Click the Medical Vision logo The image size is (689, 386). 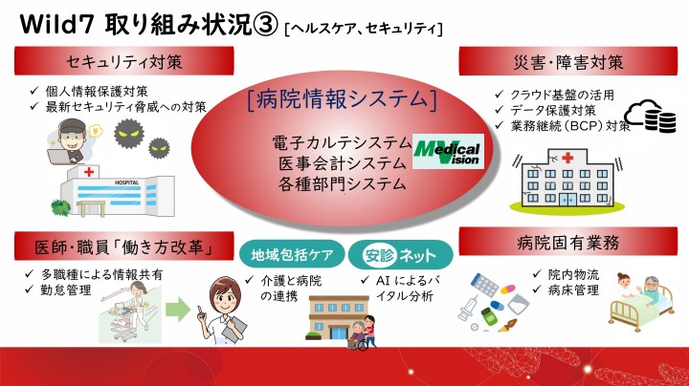tap(448, 152)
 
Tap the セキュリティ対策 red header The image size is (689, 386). tap(123, 61)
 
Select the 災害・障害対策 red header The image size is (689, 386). tap(568, 61)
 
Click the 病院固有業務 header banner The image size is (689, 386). tap(568, 242)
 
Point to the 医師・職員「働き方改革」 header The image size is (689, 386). tap(123, 247)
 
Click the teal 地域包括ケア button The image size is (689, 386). tap(292, 254)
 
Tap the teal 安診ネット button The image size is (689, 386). tap(400, 254)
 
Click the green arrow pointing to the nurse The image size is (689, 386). tap(178, 310)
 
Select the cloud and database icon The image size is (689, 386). tap(651, 117)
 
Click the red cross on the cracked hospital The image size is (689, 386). tap(567, 158)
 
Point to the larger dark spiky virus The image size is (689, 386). tap(129, 134)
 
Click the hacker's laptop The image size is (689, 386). tap(60, 157)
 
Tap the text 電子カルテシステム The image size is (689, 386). tap(342, 143)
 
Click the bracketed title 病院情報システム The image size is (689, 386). tap(342, 99)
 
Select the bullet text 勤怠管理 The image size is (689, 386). tap(66, 289)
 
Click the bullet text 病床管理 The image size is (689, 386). tap(573, 289)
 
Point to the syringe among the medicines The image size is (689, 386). tap(468, 308)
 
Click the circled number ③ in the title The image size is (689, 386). tap(266, 25)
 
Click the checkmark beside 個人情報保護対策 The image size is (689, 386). tap(34, 91)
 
